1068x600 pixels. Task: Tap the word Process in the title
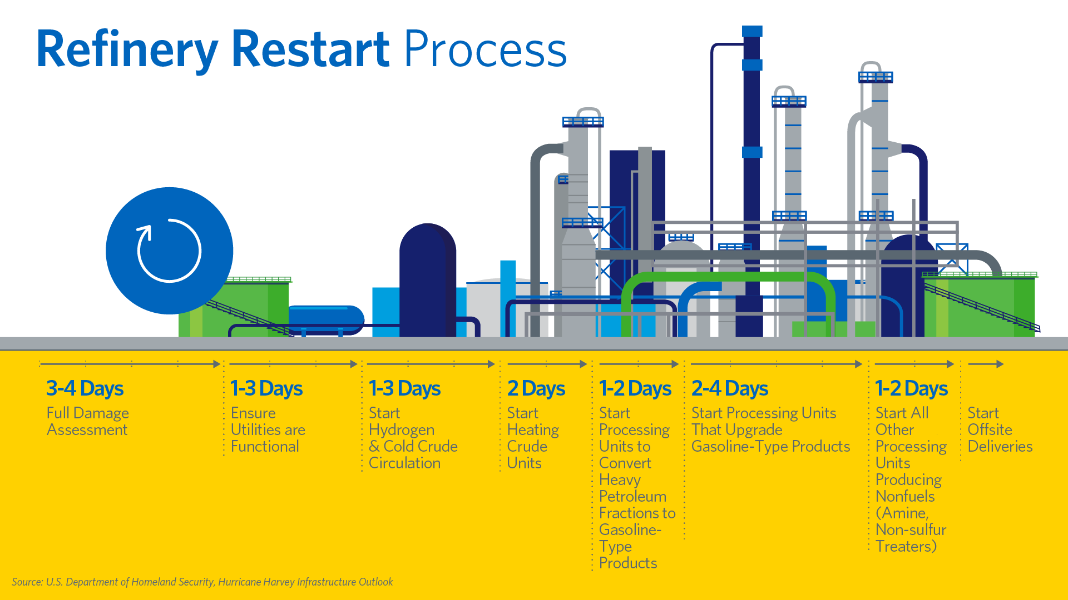485,50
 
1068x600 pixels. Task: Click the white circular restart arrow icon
169,251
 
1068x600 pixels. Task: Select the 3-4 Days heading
85,388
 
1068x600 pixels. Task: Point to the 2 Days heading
536,388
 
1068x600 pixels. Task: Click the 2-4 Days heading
729,388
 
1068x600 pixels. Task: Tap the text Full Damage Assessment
87,421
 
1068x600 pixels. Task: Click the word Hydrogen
401,430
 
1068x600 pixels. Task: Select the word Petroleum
632,497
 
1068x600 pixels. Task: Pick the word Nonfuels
904,497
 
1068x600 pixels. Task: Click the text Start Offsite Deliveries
1000,429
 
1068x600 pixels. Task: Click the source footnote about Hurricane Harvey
202,582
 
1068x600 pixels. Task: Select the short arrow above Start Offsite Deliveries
986,364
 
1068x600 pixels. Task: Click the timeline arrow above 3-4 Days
130,364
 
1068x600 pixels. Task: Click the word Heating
532,430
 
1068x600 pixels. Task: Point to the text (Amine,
902,513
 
